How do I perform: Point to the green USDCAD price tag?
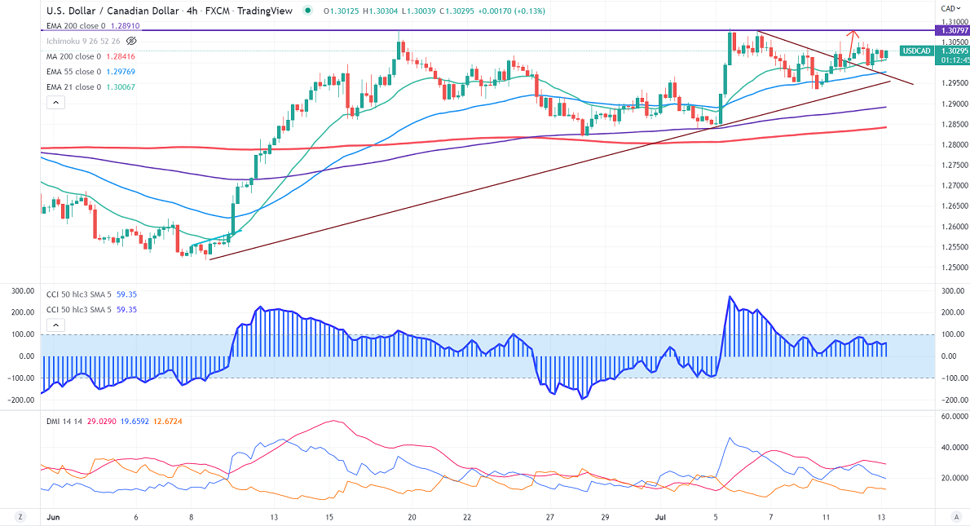916,51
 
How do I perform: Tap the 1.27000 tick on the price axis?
953,185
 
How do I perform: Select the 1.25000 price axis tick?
953,267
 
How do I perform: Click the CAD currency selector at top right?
950,8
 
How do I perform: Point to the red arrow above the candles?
853,36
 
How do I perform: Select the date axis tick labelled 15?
328,517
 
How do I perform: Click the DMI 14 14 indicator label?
64,421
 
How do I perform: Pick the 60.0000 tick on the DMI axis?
953,417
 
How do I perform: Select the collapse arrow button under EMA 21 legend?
55,103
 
